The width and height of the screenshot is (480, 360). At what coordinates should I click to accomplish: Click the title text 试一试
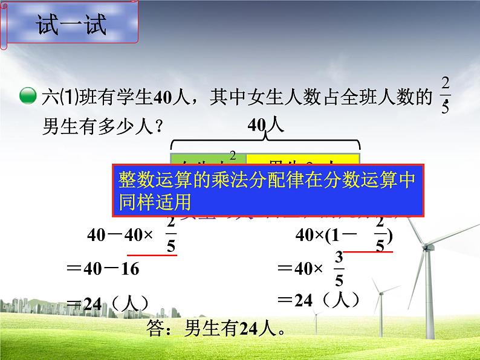coord(71,26)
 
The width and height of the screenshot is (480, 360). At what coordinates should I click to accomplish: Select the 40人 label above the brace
coord(265,126)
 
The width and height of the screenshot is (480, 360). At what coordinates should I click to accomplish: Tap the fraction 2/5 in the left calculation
coord(171,236)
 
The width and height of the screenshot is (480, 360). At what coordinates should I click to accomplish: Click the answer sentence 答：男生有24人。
coord(215,329)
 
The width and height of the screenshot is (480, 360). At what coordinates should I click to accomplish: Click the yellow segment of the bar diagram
coord(302,159)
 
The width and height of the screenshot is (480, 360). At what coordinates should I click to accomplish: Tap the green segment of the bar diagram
coord(209,159)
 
